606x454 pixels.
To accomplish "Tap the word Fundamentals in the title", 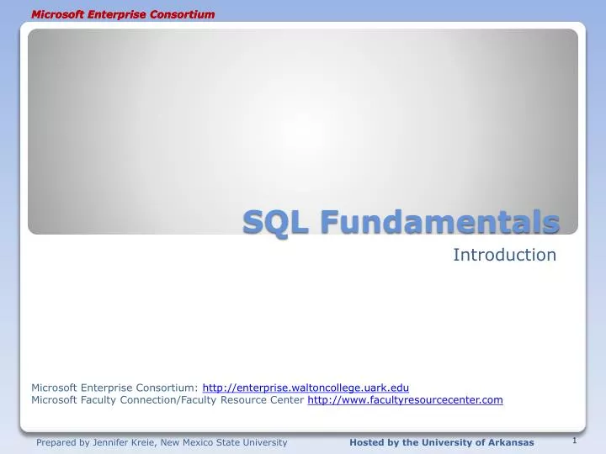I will [x=439, y=223].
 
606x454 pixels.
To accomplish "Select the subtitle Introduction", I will [x=505, y=254].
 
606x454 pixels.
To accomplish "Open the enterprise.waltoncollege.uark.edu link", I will [x=306, y=387].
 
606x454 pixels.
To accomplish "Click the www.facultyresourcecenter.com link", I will [x=405, y=400].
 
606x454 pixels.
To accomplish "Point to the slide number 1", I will [x=573, y=440].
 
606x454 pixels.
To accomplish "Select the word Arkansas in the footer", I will [x=511, y=442].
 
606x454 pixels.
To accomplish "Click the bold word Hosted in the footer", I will [x=367, y=442].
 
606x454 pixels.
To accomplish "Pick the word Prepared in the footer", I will [x=56, y=442].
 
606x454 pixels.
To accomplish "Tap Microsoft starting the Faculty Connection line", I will [x=54, y=400].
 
